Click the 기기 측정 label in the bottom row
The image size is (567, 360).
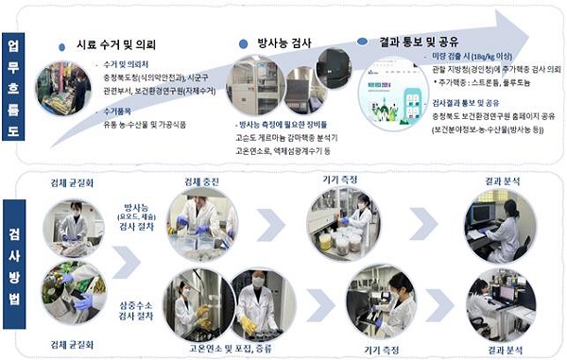pos(377,350)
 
